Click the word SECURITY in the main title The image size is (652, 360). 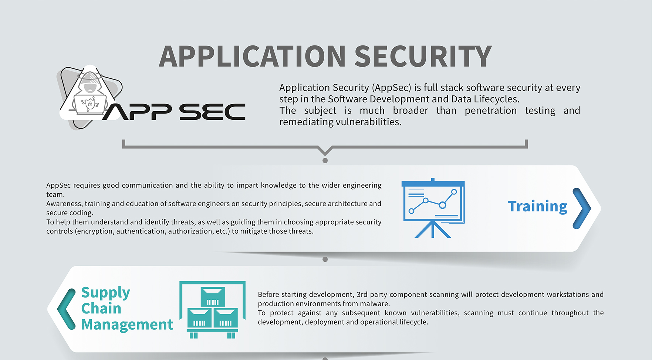[423, 57]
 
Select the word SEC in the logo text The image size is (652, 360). [212, 112]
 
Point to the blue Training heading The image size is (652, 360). [537, 207]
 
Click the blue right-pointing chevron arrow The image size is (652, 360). [582, 208]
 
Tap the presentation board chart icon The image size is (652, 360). [433, 208]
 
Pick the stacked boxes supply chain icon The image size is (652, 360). [212, 310]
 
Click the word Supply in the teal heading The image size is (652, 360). [105, 293]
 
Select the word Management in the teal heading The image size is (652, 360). [127, 325]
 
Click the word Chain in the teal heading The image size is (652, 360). [101, 309]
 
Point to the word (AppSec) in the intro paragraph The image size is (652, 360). [391, 88]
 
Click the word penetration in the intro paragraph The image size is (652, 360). [490, 111]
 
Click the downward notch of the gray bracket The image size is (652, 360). [325, 152]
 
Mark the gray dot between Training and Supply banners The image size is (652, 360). [325, 259]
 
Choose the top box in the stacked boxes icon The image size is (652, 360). [213, 297]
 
